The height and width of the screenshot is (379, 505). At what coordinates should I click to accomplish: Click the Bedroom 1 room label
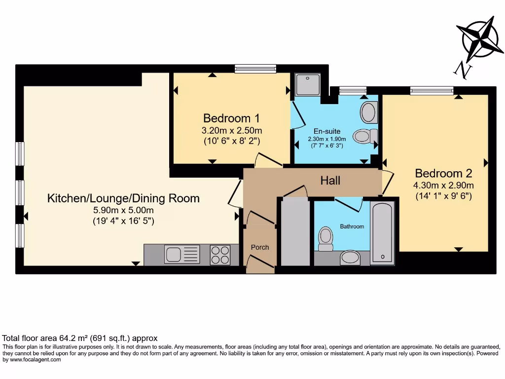(x=231, y=118)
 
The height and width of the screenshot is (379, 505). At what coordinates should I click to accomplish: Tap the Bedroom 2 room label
(x=443, y=173)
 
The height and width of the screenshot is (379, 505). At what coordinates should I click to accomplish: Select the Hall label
(x=330, y=181)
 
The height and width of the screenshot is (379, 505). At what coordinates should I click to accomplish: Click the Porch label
(x=260, y=247)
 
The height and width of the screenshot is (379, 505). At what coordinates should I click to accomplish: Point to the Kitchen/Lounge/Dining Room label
(x=123, y=198)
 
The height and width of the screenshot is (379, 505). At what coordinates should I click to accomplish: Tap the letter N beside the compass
(x=463, y=71)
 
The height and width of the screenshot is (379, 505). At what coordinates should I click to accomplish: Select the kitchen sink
(x=182, y=254)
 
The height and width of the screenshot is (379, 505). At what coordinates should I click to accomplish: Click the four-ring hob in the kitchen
(x=220, y=255)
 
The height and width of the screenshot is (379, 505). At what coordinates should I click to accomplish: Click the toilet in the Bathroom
(x=325, y=239)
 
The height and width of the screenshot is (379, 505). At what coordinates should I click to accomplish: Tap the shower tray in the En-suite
(x=308, y=84)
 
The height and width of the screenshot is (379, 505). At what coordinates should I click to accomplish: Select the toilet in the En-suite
(x=365, y=136)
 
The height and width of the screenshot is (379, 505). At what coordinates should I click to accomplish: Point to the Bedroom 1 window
(x=255, y=69)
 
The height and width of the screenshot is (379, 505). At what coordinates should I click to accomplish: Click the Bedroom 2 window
(x=432, y=91)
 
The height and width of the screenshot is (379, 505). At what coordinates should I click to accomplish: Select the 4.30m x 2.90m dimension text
(x=443, y=186)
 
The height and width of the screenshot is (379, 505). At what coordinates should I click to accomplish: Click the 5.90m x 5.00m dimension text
(x=123, y=210)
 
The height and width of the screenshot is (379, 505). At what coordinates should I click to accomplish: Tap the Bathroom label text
(x=352, y=227)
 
